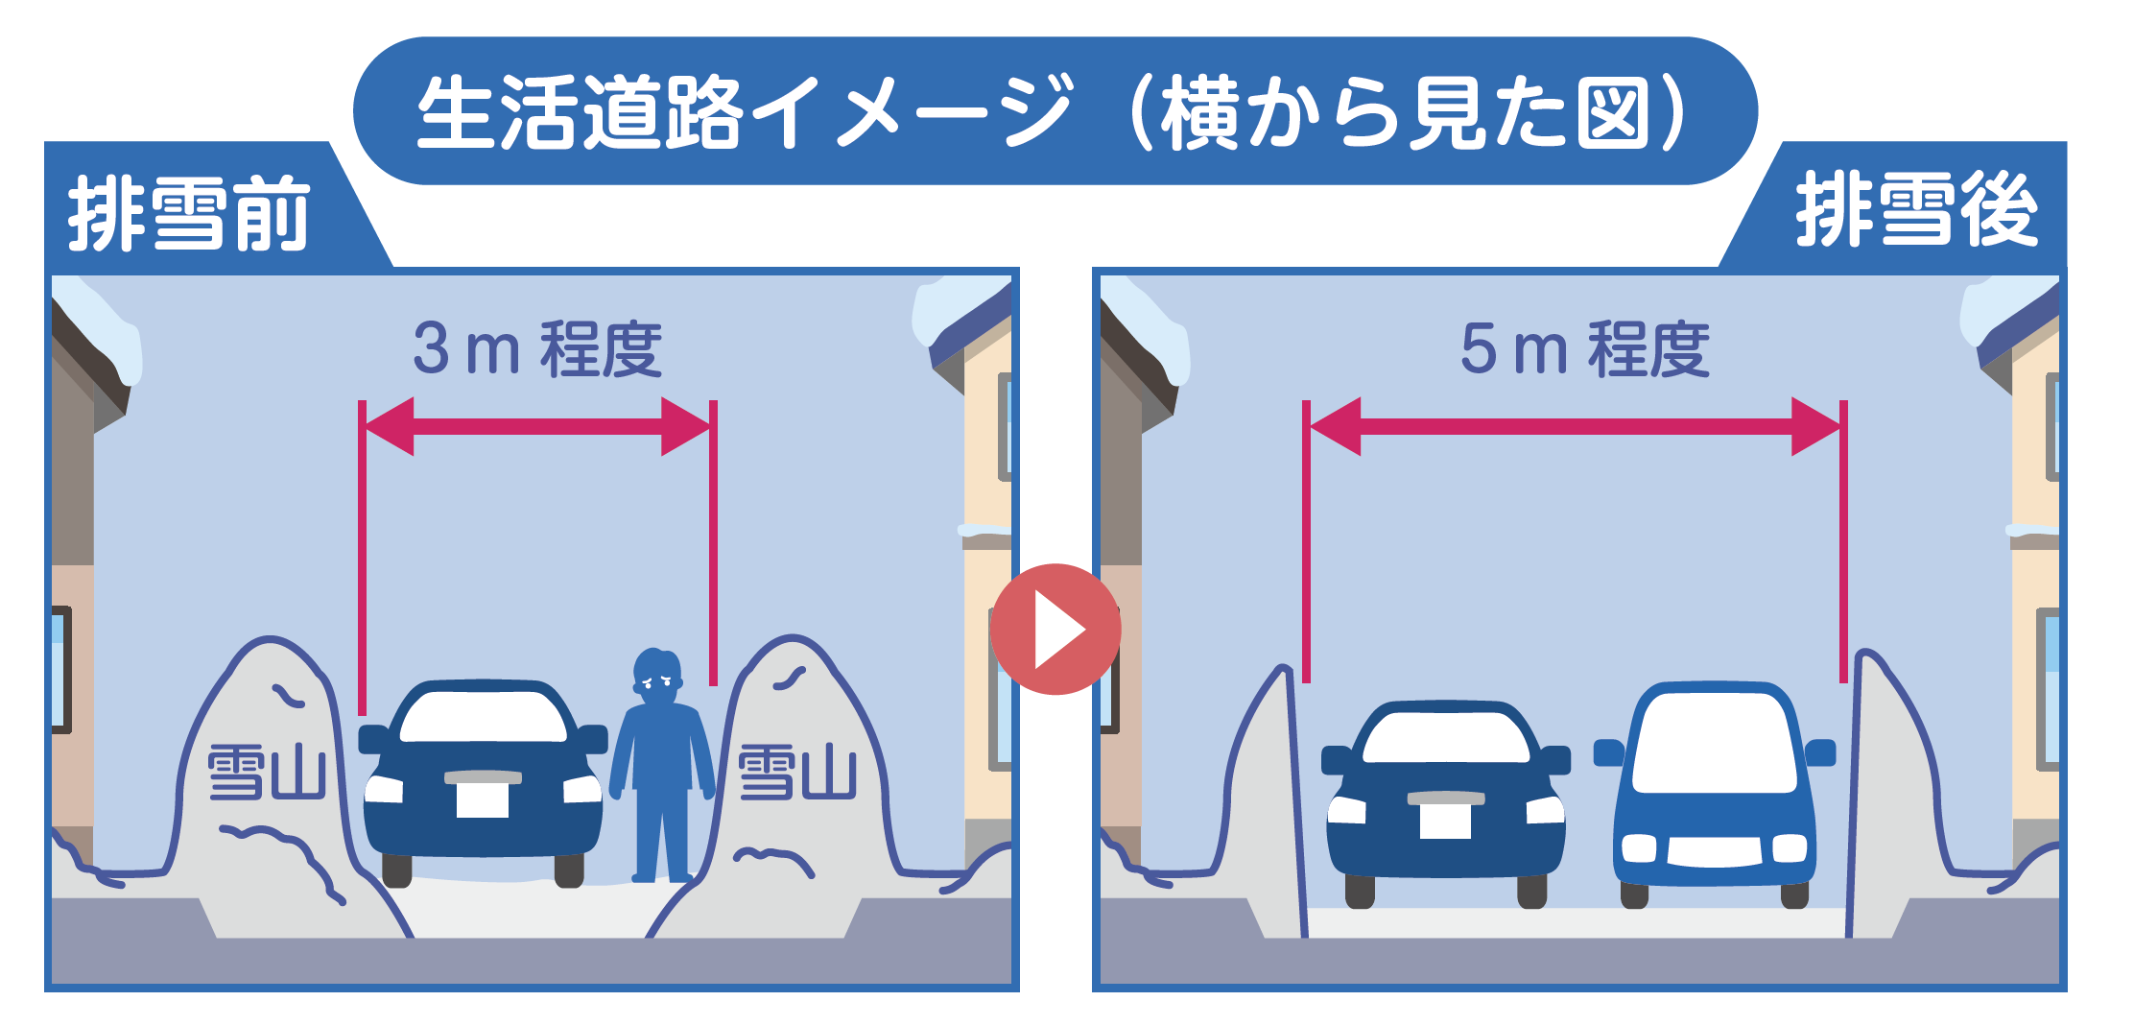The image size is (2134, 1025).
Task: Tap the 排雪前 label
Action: pos(189,213)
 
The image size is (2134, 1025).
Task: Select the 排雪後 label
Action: pos(1916,209)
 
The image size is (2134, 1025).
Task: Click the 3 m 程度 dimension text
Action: pos(537,348)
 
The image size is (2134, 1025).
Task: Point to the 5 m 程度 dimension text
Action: pos(1585,348)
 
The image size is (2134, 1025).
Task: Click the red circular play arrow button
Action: pos(1055,630)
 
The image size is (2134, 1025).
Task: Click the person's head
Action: pos(657,676)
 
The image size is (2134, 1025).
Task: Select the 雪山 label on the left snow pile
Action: pos(267,772)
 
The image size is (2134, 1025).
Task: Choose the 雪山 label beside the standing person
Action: pos(796,772)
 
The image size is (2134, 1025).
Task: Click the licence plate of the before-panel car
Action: pos(483,799)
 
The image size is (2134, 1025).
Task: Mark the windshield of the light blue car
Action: pos(1715,742)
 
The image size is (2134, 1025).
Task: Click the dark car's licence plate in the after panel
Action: pos(1445,821)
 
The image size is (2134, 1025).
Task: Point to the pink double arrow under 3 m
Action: pos(537,426)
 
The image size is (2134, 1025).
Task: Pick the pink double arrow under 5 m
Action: pos(1575,426)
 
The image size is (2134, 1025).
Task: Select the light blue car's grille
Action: pos(1715,850)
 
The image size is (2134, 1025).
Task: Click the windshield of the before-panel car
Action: pos(483,716)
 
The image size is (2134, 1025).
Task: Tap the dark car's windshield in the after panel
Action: pos(1446,737)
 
